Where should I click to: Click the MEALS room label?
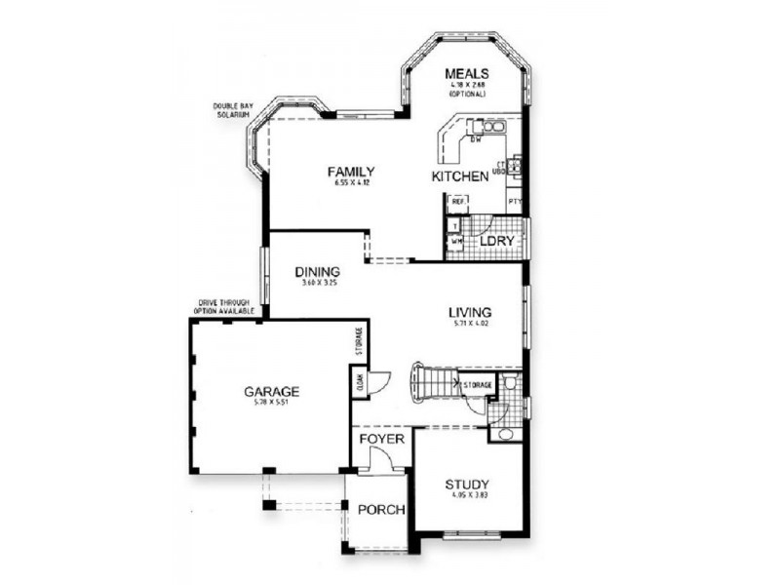click(467, 74)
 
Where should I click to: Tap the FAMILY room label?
click(351, 172)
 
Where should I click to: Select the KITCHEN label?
click(460, 176)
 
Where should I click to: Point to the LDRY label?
click(496, 240)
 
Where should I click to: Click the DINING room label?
click(319, 272)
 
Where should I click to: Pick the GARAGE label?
click(271, 391)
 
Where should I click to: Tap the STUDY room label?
click(467, 484)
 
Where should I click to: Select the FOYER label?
click(381, 439)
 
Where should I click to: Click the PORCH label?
click(380, 510)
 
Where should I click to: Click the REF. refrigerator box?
click(456, 202)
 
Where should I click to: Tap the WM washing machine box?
click(455, 240)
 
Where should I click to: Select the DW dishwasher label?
click(477, 140)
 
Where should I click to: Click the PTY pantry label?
click(515, 202)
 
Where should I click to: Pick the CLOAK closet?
click(360, 383)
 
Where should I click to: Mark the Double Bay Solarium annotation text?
click(233, 111)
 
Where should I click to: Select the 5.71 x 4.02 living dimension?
click(470, 324)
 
